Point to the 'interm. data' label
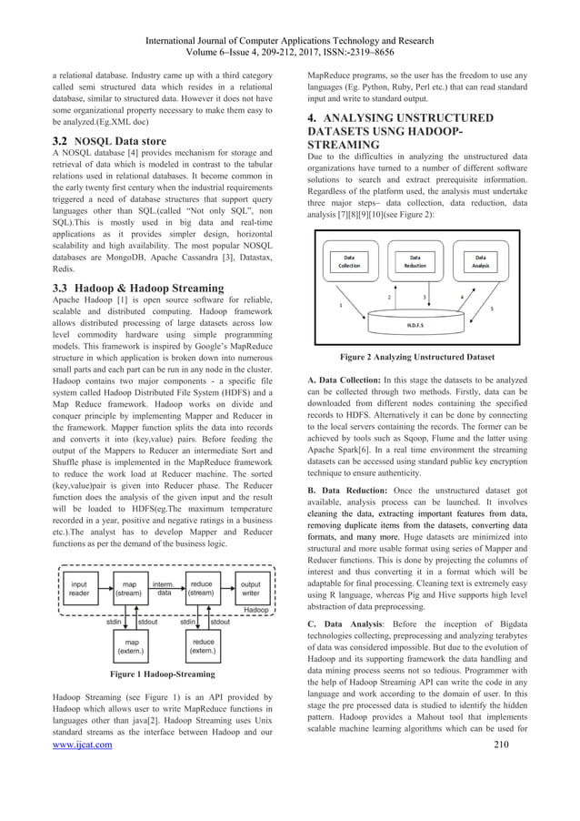point(165,588)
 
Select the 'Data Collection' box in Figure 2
point(349,262)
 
